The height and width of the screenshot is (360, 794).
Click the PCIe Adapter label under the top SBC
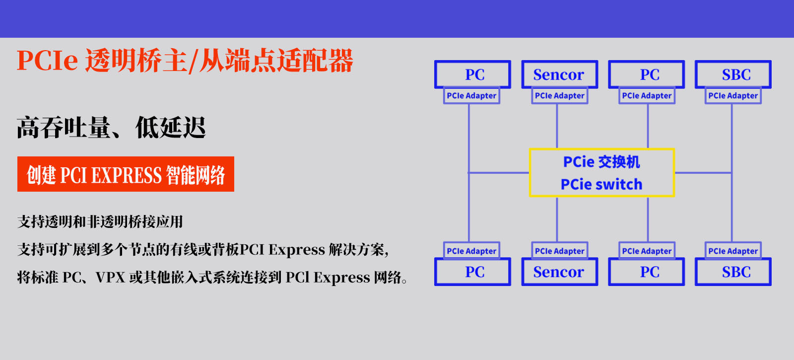[x=733, y=96]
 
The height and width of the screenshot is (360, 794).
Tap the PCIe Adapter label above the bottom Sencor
[x=560, y=251]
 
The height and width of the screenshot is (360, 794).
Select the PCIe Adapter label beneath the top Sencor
[x=560, y=96]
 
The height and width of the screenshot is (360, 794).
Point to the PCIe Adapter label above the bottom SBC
[x=733, y=251]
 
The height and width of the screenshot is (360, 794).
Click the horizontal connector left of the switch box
[x=499, y=173]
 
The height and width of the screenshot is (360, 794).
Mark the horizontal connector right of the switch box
[x=703, y=173]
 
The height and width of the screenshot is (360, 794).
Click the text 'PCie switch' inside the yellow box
[x=601, y=184]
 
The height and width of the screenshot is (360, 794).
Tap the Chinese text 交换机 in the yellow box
[x=619, y=162]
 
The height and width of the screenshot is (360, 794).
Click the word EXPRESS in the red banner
[x=127, y=175]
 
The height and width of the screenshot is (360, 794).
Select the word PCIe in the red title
[x=47, y=60]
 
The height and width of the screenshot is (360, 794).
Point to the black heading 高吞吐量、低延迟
[x=111, y=127]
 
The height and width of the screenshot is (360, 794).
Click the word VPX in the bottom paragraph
[x=110, y=278]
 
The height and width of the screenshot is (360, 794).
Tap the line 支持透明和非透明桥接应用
[x=100, y=221]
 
